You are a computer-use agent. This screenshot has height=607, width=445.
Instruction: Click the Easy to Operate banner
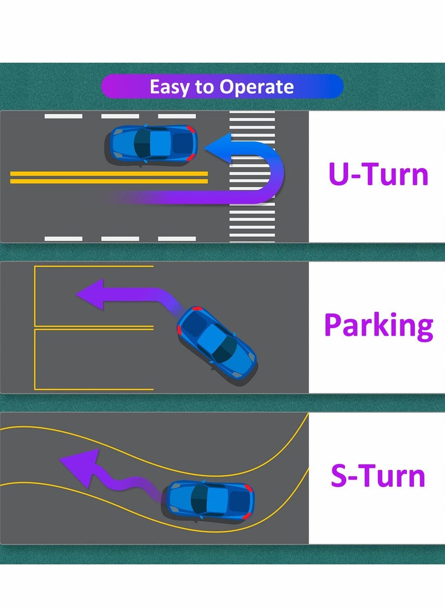click(222, 87)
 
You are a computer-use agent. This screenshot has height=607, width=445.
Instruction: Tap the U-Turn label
click(378, 174)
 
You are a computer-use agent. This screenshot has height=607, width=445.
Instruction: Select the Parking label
click(378, 325)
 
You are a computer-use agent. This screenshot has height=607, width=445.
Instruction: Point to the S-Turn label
click(378, 477)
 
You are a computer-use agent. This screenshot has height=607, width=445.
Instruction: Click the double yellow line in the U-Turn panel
click(108, 177)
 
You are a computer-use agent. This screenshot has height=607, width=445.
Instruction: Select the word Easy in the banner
click(169, 87)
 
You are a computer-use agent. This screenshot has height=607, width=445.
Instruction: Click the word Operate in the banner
click(256, 87)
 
